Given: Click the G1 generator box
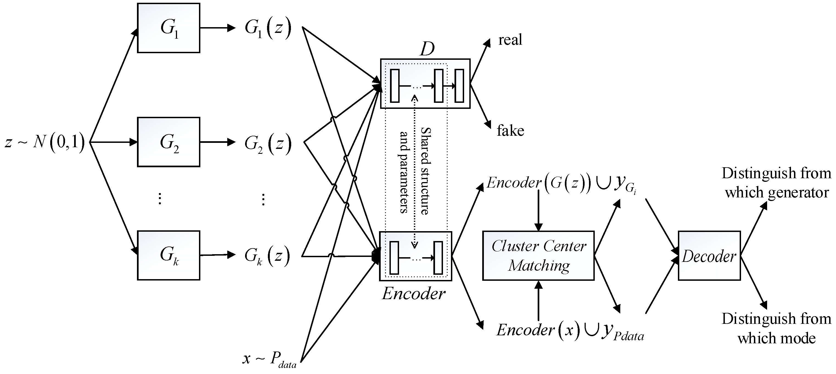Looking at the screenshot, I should pos(169,28).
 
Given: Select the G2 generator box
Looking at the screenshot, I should pos(169,142).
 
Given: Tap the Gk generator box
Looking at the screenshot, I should pos(169,255).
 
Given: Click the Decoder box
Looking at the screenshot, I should pos(709,256).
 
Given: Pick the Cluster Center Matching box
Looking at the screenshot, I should pos(538,256).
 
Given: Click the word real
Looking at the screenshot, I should pos(510,40).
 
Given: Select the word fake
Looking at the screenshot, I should pos(510,131).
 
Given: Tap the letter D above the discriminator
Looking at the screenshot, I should pos(427,49).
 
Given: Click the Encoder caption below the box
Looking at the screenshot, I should pos(413,294).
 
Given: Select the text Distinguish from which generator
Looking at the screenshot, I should pos(776,183).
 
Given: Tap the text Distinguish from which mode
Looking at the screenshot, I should pos(776,328).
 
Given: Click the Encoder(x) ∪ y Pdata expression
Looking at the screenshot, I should pos(570,331).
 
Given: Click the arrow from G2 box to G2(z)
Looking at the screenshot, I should pos(217,142).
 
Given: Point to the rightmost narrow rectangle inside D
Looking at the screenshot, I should pos(459,86).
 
